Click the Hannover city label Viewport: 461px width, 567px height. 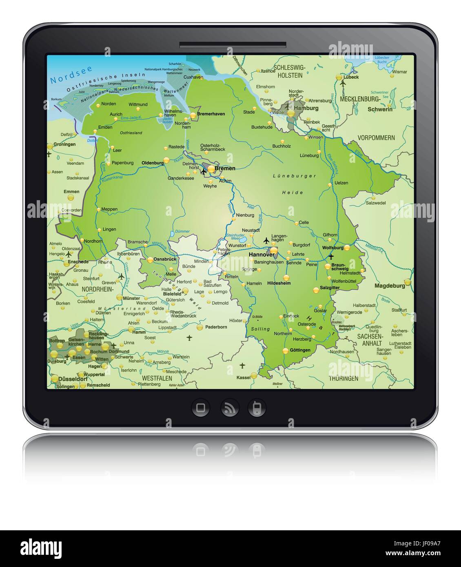click(x=262, y=255)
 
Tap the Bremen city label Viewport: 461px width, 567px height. click(x=225, y=168)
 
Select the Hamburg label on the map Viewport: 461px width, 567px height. click(x=306, y=108)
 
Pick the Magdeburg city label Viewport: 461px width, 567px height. click(x=390, y=286)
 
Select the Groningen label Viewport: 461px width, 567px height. click(x=64, y=144)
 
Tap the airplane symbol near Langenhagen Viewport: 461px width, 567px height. click(x=266, y=240)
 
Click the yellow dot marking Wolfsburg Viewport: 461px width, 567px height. click(x=347, y=247)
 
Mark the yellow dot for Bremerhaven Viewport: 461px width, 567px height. click(x=193, y=116)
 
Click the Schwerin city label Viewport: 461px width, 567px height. click(x=380, y=109)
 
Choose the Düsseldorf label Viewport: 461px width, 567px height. click(x=73, y=379)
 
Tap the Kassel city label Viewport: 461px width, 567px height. click(x=244, y=377)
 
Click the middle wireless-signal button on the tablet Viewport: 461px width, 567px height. click(x=230, y=408)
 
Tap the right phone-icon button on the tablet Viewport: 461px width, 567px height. click(x=257, y=408)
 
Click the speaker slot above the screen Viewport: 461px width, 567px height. click(x=233, y=45)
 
